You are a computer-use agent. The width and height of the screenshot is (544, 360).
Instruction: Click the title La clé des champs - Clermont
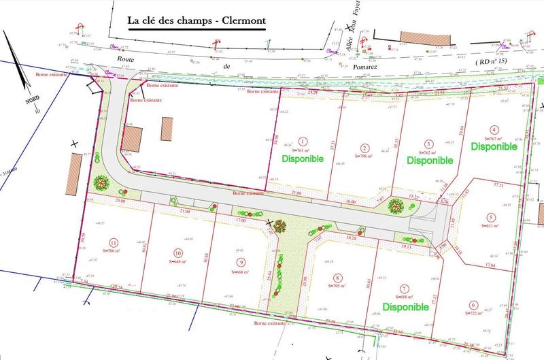pyautogui.click(x=197, y=20)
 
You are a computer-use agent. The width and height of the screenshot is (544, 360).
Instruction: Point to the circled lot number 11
pyautogui.click(x=114, y=242)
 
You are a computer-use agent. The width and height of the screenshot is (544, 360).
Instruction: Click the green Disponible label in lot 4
pyautogui.click(x=494, y=146)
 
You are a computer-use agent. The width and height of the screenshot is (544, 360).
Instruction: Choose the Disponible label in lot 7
pyautogui.click(x=405, y=307)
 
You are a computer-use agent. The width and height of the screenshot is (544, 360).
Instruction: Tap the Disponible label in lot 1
pyautogui.click(x=301, y=159)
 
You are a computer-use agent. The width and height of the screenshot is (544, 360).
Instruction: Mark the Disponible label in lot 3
pyautogui.click(x=430, y=161)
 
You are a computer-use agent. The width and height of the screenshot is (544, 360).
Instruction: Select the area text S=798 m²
pyautogui.click(x=365, y=157)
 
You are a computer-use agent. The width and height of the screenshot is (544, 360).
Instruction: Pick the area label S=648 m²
pyautogui.click(x=178, y=261)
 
